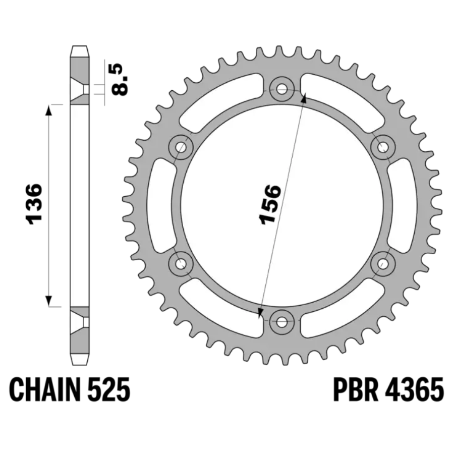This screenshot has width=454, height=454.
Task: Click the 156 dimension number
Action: click(x=270, y=204)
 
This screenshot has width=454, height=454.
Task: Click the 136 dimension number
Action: click(x=34, y=204)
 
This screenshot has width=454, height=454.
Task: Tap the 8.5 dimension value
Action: click(x=120, y=80)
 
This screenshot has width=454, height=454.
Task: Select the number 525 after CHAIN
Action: click(x=108, y=389)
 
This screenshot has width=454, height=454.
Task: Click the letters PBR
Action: click(x=356, y=389)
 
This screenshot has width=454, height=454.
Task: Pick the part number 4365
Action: click(x=414, y=389)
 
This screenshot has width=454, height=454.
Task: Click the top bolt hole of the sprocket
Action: click(x=281, y=89)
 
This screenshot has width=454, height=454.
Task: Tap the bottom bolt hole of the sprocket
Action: click(x=281, y=322)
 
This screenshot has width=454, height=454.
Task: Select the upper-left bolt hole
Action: click(x=181, y=147)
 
